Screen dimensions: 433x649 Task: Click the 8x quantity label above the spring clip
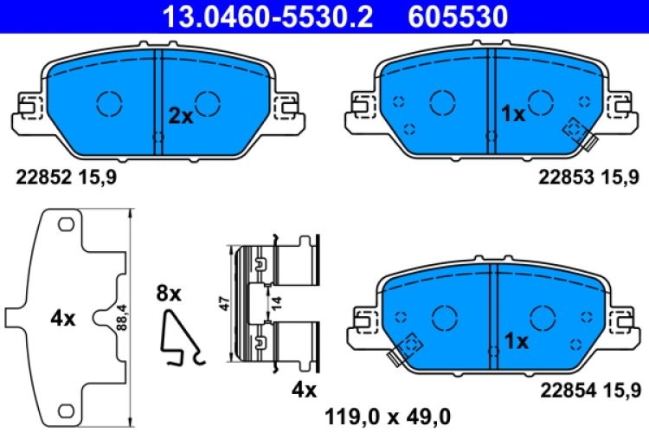coord(170,294)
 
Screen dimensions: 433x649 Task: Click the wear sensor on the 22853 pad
coord(577,132)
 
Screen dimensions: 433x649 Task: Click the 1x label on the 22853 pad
coord(514,114)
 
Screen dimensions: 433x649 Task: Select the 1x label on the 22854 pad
coord(516,341)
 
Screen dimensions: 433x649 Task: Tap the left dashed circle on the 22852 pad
coord(110,103)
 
